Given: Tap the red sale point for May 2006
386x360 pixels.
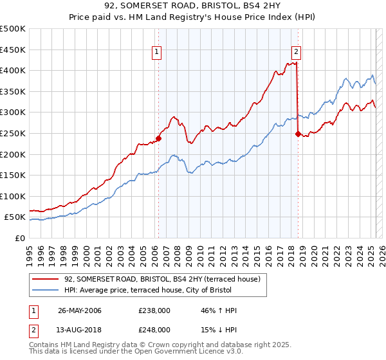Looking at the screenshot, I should pyautogui.click(x=158, y=138).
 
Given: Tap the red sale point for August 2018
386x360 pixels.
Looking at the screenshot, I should pyautogui.click(x=298, y=134).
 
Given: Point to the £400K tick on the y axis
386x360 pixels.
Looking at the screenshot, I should pyautogui.click(x=14, y=71).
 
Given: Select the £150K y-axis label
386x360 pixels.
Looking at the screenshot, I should pyautogui.click(x=14, y=175).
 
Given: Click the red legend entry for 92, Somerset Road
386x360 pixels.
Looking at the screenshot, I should pyautogui.click(x=161, y=279).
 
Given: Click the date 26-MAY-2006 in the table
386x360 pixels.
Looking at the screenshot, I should pyautogui.click(x=80, y=310).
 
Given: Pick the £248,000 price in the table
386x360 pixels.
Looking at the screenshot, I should pyautogui.click(x=154, y=330).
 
